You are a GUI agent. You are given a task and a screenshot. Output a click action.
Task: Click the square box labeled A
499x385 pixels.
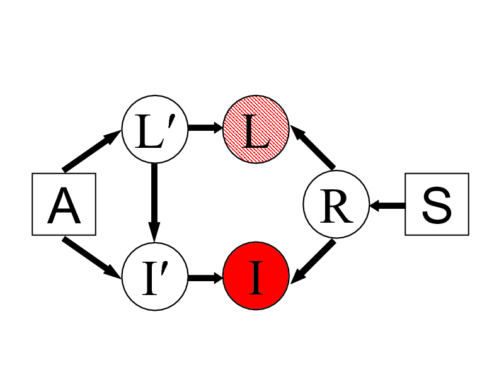pos(64,204)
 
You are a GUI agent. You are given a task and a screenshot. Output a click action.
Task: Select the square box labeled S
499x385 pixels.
pos(437,204)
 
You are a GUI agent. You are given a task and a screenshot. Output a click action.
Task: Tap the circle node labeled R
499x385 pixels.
pos(336,205)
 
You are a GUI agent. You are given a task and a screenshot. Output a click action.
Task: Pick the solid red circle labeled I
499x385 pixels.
pos(256,277)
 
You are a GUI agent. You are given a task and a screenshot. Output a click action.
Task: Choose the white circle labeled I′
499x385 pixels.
pos(154,277)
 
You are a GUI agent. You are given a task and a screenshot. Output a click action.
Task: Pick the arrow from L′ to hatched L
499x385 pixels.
pos(205,128)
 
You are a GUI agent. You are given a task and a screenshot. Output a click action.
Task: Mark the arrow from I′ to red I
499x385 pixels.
pos(205,277)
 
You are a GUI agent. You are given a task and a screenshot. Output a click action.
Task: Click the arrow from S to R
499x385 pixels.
pos(387,205)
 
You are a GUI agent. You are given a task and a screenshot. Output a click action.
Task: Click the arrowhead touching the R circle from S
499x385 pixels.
pos(376,205)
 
